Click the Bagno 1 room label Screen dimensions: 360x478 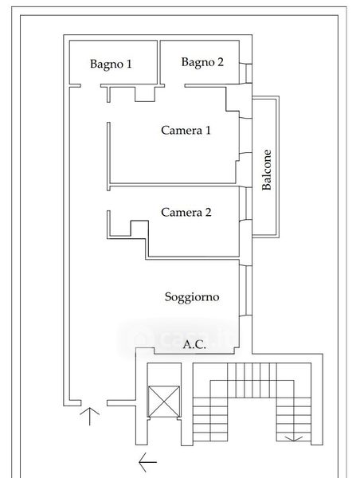[111, 65]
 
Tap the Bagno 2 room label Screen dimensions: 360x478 [202, 62]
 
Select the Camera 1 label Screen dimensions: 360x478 [186, 130]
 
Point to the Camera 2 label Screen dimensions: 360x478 [186, 212]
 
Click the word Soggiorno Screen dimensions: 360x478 [192, 297]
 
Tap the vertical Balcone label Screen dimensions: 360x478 [267, 170]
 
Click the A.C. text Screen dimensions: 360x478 [194, 344]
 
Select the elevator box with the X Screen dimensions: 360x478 [164, 402]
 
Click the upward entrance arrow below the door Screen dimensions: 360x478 [90, 416]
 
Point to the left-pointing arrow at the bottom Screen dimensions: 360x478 [148, 462]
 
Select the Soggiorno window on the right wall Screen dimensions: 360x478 [245, 291]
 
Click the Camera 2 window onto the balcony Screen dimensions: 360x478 [245, 203]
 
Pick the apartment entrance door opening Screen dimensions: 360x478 [94, 403]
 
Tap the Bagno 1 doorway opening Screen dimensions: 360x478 [91, 86]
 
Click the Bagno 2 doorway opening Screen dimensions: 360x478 [174, 86]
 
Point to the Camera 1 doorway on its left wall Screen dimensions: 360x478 [108, 112]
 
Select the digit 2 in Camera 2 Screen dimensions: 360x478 [208, 212]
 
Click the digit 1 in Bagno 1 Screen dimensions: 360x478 [129, 64]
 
